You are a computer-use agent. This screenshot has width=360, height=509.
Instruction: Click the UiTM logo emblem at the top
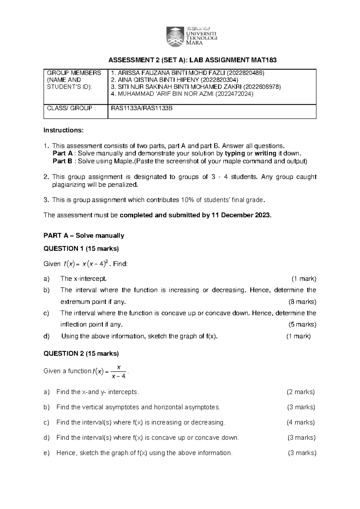pyautogui.click(x=175, y=37)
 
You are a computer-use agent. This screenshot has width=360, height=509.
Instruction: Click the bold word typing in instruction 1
pyautogui.click(x=235, y=153)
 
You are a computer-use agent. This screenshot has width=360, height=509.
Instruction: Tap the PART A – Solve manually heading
pyautogui.click(x=84, y=236)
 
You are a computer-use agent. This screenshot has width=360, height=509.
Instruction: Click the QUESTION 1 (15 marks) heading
pyautogui.click(x=81, y=248)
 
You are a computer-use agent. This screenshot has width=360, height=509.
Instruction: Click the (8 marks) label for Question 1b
pyautogui.click(x=302, y=302)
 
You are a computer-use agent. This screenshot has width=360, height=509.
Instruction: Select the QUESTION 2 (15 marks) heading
pyautogui.click(x=81, y=354)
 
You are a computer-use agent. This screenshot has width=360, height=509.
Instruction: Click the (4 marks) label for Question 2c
pyautogui.click(x=301, y=422)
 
